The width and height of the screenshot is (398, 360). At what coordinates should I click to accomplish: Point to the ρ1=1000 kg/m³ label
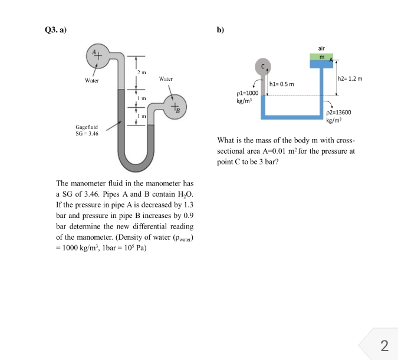point(247,97)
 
